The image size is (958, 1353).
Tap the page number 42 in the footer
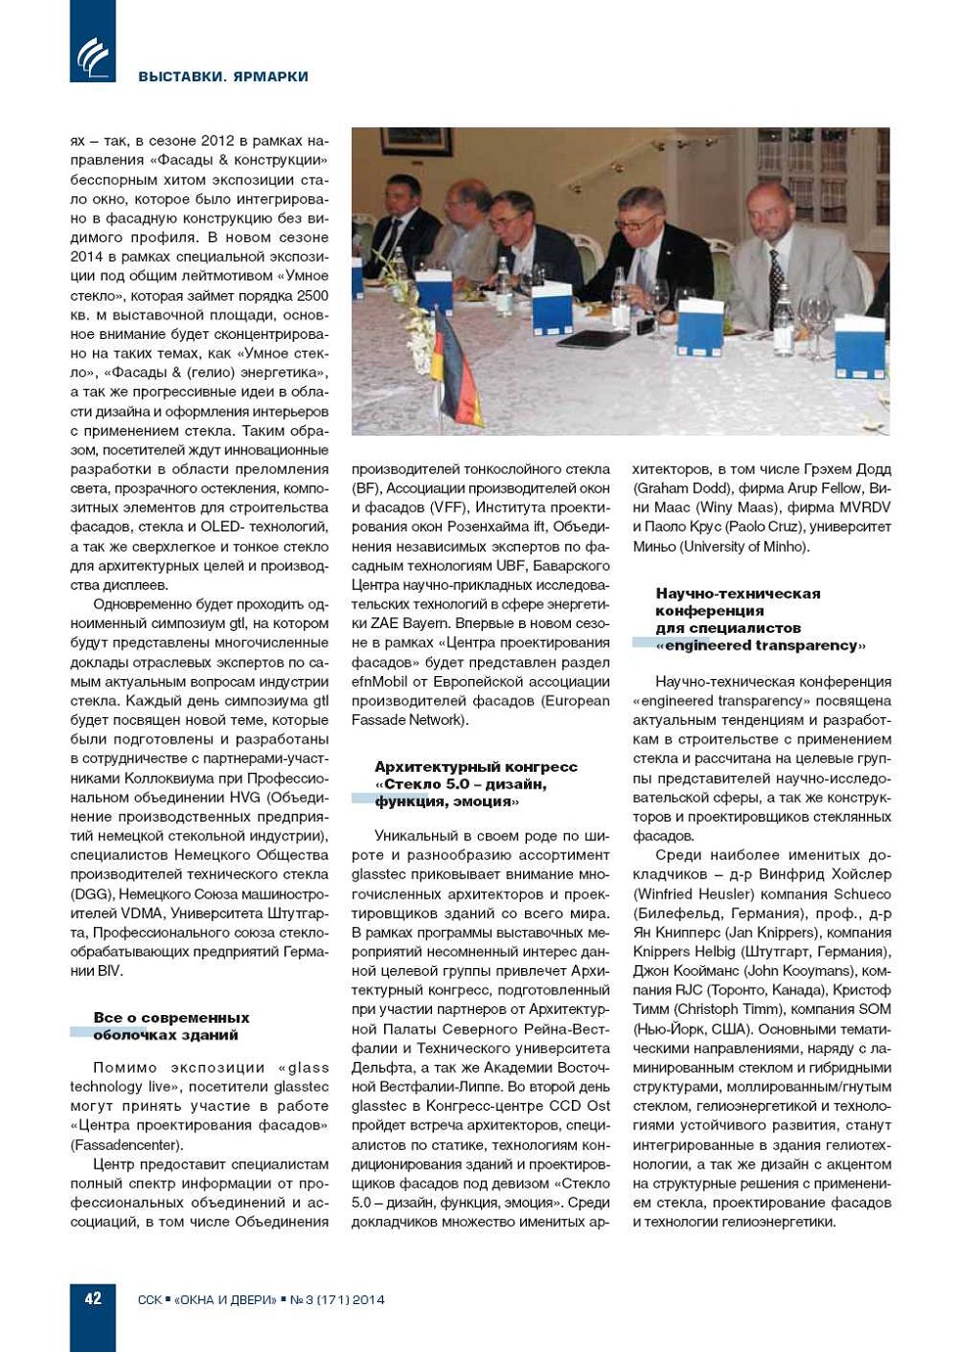[93, 1298]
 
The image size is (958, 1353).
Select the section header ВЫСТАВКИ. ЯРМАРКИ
[223, 76]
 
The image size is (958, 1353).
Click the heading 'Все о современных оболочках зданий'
[171, 1026]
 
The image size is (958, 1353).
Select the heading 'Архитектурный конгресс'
[476, 767]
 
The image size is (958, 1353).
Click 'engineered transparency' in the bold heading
[761, 646]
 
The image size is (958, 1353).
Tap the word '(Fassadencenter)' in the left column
[126, 1145]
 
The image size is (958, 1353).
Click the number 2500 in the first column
[312, 295]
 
